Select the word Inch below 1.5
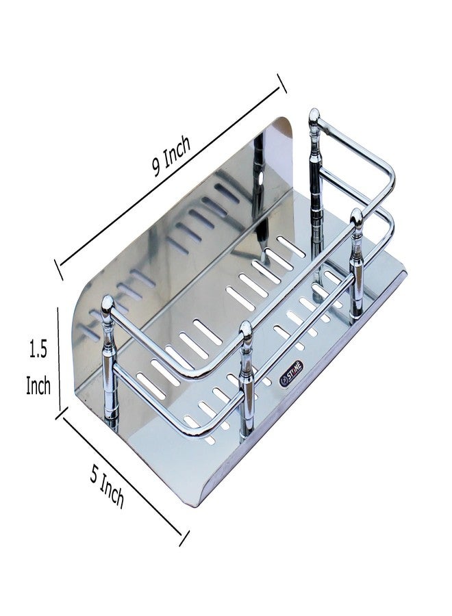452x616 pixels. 38,385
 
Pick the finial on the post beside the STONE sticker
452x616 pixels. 247,329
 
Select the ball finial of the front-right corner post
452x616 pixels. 356,218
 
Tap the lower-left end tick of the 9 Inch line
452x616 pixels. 59,269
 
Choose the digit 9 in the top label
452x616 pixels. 158,166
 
